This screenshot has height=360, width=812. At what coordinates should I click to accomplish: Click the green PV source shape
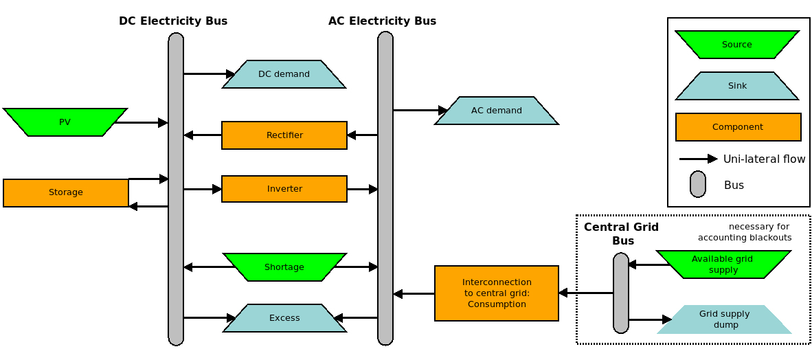[x=65, y=122]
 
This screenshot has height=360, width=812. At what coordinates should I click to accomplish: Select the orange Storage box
[x=66, y=192]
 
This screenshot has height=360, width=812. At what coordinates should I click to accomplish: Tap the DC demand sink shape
[x=284, y=74]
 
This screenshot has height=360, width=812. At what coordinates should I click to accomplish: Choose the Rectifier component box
[x=284, y=135]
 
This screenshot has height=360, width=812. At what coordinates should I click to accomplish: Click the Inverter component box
[x=284, y=189]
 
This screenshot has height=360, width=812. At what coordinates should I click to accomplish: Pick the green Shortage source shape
[x=284, y=267]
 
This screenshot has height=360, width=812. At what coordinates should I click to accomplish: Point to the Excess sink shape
[x=284, y=318]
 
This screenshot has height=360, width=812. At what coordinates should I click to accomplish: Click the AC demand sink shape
[x=496, y=111]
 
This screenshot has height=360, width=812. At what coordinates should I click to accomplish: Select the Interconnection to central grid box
[x=497, y=293]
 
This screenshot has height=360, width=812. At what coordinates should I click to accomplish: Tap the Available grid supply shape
[x=723, y=265]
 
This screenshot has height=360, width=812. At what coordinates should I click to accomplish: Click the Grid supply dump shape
[x=724, y=319]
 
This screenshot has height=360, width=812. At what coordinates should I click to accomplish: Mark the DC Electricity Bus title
[x=173, y=21]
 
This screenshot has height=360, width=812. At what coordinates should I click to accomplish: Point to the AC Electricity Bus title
[x=382, y=21]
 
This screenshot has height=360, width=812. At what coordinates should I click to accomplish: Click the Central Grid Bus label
[x=622, y=234]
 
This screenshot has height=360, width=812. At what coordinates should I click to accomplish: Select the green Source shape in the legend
[x=737, y=45]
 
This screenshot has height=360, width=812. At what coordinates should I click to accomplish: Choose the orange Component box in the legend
[x=738, y=127]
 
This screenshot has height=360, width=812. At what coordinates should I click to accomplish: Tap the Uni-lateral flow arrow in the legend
[x=698, y=159]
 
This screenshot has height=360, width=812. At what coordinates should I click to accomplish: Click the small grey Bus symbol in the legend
[x=698, y=184]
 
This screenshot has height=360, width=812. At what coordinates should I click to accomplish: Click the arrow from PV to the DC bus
[x=141, y=123]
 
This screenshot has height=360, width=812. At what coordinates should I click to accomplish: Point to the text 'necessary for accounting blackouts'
[x=745, y=232]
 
